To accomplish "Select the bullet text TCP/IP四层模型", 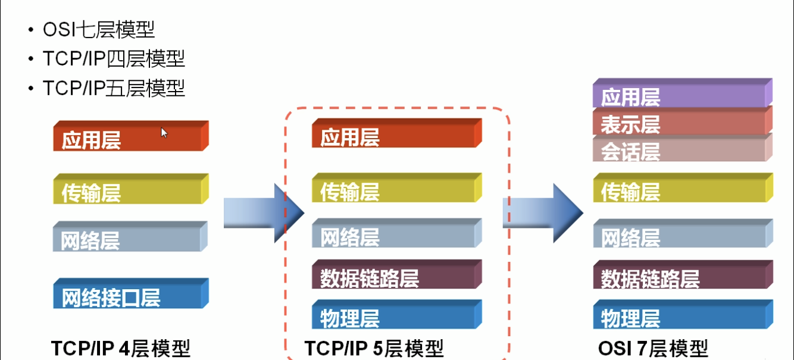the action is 114,59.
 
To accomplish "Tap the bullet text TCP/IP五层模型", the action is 114,88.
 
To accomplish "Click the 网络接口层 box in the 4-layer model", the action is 130,295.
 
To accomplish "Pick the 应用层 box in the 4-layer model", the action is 130,137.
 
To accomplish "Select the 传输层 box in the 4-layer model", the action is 130,190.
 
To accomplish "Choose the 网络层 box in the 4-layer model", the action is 130,237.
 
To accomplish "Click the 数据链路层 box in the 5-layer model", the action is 396,275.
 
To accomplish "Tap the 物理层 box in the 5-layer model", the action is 396,315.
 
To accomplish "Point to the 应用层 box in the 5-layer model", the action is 396,134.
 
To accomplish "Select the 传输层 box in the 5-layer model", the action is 396,189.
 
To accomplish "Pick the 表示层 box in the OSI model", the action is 682,121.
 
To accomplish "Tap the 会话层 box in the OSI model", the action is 682,149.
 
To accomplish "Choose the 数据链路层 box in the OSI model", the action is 682,276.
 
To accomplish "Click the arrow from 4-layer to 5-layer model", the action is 262,213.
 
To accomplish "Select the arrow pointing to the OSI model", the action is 542,213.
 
